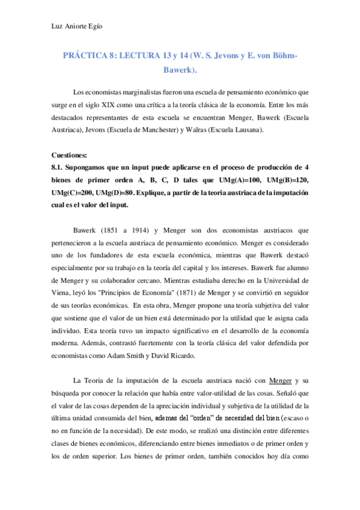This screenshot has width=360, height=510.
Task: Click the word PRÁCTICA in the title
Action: (85, 56)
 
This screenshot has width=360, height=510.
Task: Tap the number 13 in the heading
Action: (169, 56)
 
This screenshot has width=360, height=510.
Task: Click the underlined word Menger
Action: (281, 380)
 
